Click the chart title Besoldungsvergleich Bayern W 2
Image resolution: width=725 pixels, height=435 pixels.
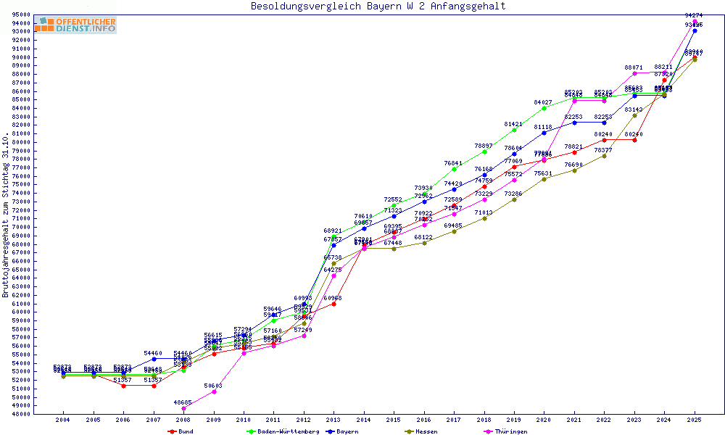pyautogui.click(x=378, y=7)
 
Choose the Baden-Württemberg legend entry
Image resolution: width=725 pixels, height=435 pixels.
pyautogui.click(x=283, y=431)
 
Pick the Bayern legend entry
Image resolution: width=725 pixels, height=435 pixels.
pyautogui.click(x=345, y=431)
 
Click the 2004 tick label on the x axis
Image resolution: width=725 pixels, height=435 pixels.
pyautogui.click(x=63, y=420)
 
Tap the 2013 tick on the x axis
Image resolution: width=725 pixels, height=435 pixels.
pyautogui.click(x=333, y=420)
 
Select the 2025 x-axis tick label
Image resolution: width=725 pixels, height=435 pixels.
pyautogui.click(x=695, y=420)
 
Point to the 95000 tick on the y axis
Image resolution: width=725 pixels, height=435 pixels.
pyautogui.click(x=20, y=14)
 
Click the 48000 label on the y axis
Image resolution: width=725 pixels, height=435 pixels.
pyautogui.click(x=20, y=414)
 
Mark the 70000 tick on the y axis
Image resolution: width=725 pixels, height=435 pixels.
pyautogui.click(x=20, y=227)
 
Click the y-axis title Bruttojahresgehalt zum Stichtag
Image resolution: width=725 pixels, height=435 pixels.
pyautogui.click(x=6, y=215)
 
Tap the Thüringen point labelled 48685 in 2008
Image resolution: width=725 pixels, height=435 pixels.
pyautogui.click(x=183, y=408)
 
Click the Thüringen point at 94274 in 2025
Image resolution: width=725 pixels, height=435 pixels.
pyautogui.click(x=695, y=21)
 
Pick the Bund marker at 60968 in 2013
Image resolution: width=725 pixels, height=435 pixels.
pyautogui.click(x=333, y=304)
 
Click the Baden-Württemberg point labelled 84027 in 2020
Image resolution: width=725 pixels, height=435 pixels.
pyautogui.click(x=544, y=108)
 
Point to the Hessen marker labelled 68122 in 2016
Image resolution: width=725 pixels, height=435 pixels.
pyautogui.click(x=424, y=243)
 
